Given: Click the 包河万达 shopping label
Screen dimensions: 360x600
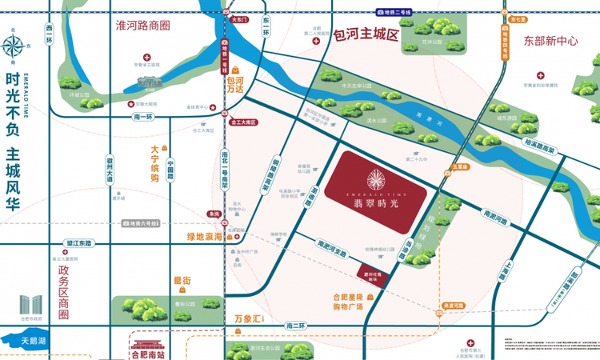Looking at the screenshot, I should click(x=235, y=86).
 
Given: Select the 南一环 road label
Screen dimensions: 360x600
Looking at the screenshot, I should click(x=143, y=116).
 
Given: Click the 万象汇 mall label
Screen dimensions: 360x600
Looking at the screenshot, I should click(x=248, y=318).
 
